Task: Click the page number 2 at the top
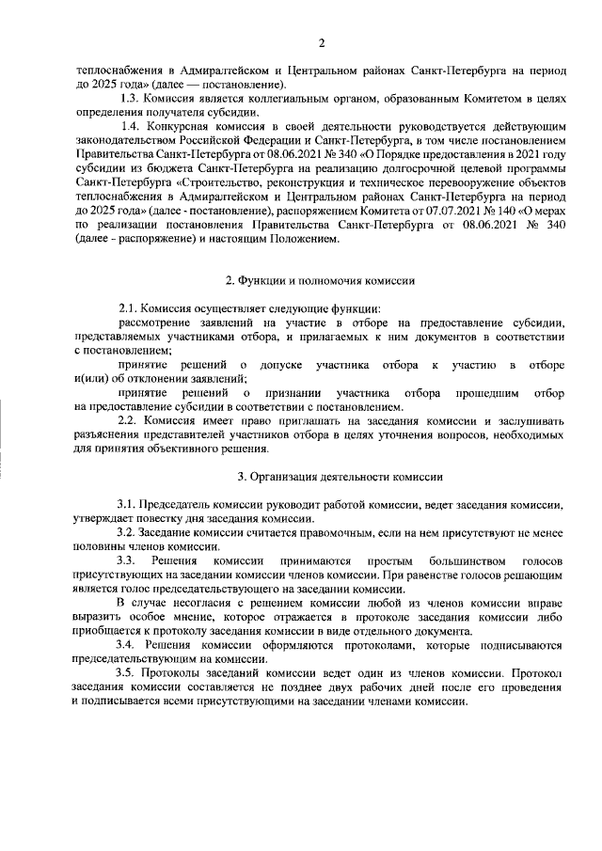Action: click(321, 42)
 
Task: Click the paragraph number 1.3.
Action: click(133, 98)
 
